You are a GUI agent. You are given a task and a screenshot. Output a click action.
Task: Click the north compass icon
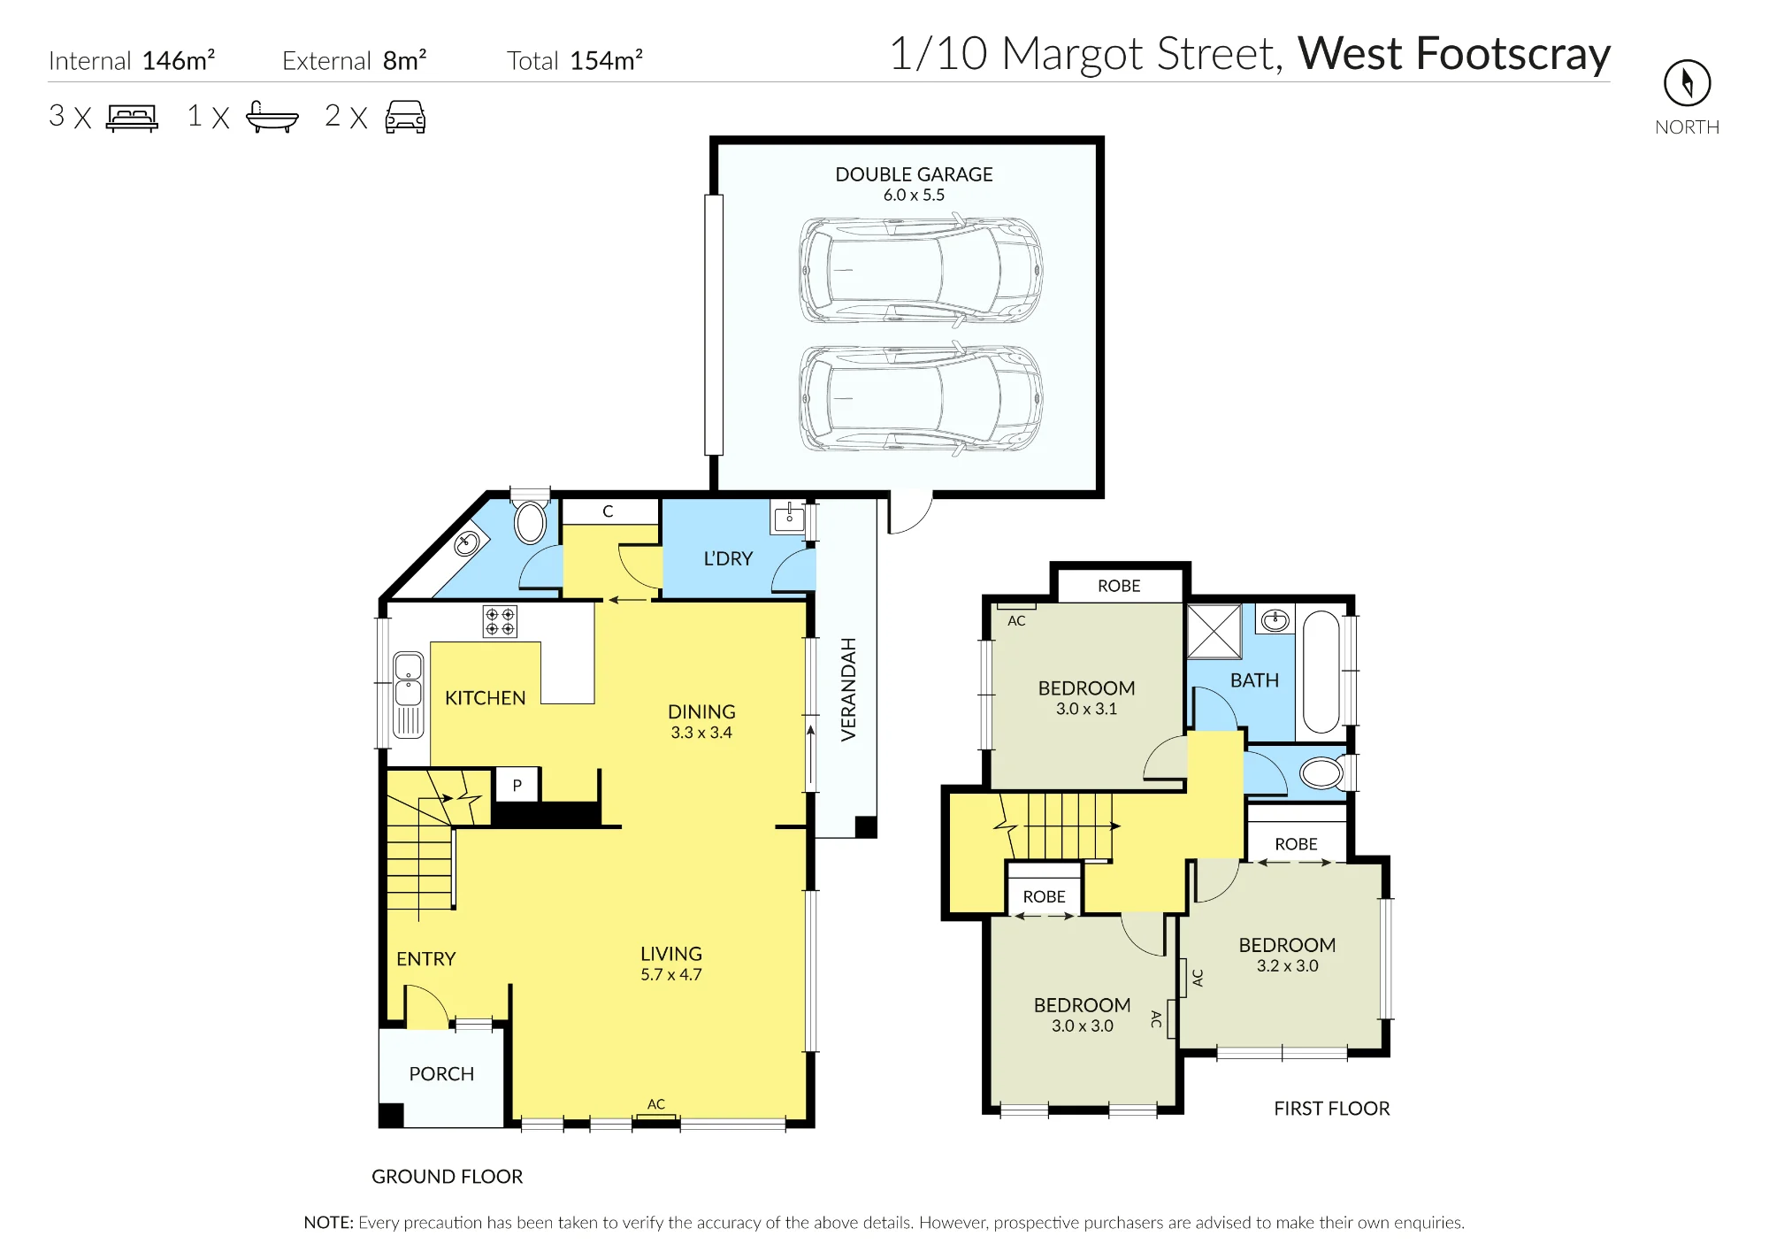point(1687,83)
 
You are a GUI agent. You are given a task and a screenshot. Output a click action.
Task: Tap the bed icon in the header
point(132,118)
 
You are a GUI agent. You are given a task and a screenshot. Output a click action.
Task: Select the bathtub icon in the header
point(272,117)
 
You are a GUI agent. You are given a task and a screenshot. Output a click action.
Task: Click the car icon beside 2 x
point(405,117)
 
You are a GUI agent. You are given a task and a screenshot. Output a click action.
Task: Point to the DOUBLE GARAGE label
point(914,174)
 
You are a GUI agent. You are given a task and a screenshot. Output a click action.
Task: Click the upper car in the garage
point(921,270)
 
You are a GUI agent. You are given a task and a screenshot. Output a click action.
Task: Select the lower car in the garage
point(921,398)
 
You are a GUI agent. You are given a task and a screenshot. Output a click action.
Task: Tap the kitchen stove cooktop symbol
point(500,621)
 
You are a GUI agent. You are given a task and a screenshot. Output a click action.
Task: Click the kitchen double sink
point(408,695)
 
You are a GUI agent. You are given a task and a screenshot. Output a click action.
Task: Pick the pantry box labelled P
point(517,785)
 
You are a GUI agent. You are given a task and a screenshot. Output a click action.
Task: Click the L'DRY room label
point(728,559)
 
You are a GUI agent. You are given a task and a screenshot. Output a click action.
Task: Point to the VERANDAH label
point(849,689)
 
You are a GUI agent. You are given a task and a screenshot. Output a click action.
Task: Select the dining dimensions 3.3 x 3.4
point(701,733)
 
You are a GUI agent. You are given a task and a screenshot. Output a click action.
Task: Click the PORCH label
point(441,1074)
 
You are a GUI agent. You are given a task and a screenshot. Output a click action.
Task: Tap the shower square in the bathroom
point(1214,632)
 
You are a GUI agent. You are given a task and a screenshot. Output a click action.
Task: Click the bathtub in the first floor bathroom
point(1321,672)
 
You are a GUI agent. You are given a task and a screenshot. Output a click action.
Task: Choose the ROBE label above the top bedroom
point(1119,586)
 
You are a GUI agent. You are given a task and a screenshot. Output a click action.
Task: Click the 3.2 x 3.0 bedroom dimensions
point(1287,966)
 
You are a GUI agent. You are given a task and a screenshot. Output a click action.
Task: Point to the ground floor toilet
point(531,522)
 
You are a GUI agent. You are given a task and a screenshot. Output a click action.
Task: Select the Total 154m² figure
point(575,60)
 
